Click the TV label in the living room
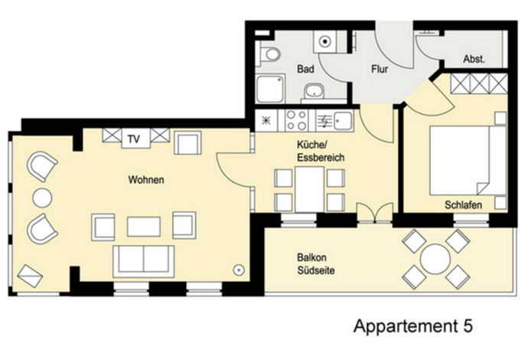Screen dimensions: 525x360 pos(134,139)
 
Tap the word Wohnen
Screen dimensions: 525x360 pos(146,180)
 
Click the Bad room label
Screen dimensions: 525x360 pos(305,69)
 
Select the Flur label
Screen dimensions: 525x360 pos(380,69)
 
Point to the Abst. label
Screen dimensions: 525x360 pos(474,59)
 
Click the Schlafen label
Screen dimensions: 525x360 pos(464,205)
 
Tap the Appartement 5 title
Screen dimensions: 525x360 pos(412,326)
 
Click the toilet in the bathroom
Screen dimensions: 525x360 pos(269,54)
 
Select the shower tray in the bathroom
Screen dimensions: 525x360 pos(271,89)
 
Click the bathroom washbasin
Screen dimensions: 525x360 pos(314,91)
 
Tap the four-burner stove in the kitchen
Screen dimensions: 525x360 pos(297,121)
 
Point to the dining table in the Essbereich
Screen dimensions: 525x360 pos(309,189)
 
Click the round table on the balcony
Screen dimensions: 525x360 pos(435,259)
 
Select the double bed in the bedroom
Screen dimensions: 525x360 pos(468,160)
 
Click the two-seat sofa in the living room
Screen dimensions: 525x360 pos(144,261)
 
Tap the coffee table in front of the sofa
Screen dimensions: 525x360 pos(144,227)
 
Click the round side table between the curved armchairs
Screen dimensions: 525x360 pos(42,198)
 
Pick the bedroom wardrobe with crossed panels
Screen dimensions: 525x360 pos(479,83)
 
